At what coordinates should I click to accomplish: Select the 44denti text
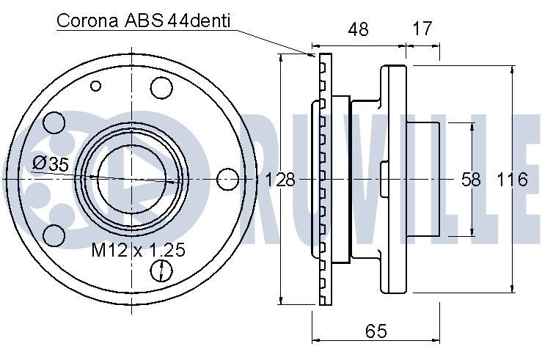(x=199, y=20)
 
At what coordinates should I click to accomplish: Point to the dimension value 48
(x=357, y=29)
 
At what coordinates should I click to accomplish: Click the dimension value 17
(x=422, y=29)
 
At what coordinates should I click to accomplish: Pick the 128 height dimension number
(x=279, y=179)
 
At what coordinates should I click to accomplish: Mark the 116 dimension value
(x=512, y=179)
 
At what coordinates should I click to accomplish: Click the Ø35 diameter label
(x=51, y=164)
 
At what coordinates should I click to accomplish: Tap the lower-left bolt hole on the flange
(x=54, y=235)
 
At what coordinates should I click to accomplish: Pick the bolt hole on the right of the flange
(x=228, y=178)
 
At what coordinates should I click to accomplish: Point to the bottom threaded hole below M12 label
(x=160, y=272)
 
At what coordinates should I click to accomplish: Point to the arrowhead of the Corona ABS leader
(x=313, y=56)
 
